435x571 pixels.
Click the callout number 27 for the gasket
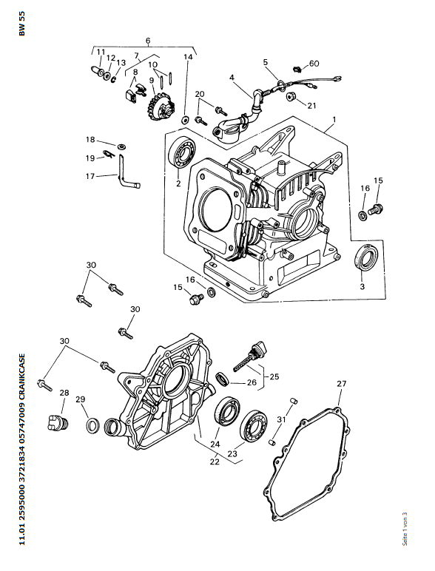coord(341,383)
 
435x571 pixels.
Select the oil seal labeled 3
coord(365,258)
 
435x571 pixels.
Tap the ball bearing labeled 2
coord(182,153)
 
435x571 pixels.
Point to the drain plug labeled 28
coord(58,422)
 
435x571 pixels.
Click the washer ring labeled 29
coord(93,425)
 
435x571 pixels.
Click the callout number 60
coord(314,64)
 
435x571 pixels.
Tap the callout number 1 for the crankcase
coord(334,119)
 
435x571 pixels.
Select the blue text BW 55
coord(22,24)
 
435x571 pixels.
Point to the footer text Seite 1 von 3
coord(405,529)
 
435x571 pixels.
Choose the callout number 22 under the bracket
coord(215,461)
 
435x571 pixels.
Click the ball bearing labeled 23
coord(253,427)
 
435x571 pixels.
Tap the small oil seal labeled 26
coord(223,379)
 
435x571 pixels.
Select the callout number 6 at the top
coord(148,41)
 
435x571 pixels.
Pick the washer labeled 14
coord(186,119)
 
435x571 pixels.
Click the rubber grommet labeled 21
coord(291,97)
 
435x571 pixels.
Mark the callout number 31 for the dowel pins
coord(282,419)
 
